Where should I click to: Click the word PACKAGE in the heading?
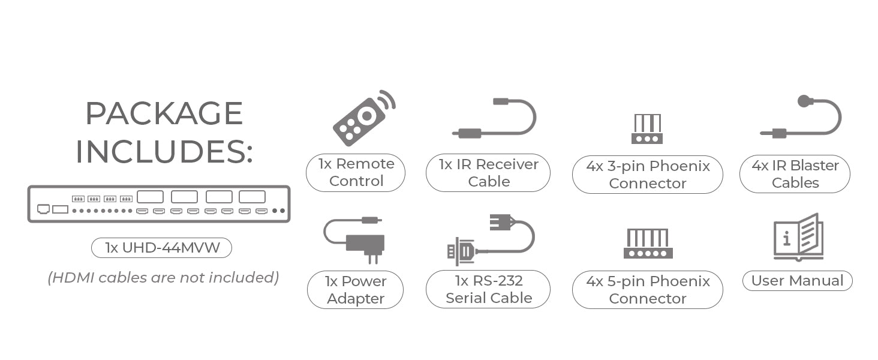point(164,113)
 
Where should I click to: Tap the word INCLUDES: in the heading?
point(164,151)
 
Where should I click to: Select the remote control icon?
point(363,118)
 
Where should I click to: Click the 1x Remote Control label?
point(356,173)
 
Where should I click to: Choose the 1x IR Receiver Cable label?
point(488,173)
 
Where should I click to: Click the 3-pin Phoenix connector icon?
point(647,129)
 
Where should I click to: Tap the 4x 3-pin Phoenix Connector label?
point(647,175)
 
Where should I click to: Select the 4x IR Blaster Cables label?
point(795,174)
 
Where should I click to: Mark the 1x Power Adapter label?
point(355,290)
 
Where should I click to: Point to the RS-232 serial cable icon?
point(489,239)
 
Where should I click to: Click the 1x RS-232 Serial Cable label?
point(488,289)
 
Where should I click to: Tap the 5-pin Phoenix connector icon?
point(648,243)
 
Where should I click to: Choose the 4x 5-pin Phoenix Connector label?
point(647,290)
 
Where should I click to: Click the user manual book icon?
point(798,237)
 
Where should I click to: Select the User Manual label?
point(797,281)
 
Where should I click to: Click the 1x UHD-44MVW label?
point(161,248)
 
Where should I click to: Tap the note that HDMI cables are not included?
point(163,278)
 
